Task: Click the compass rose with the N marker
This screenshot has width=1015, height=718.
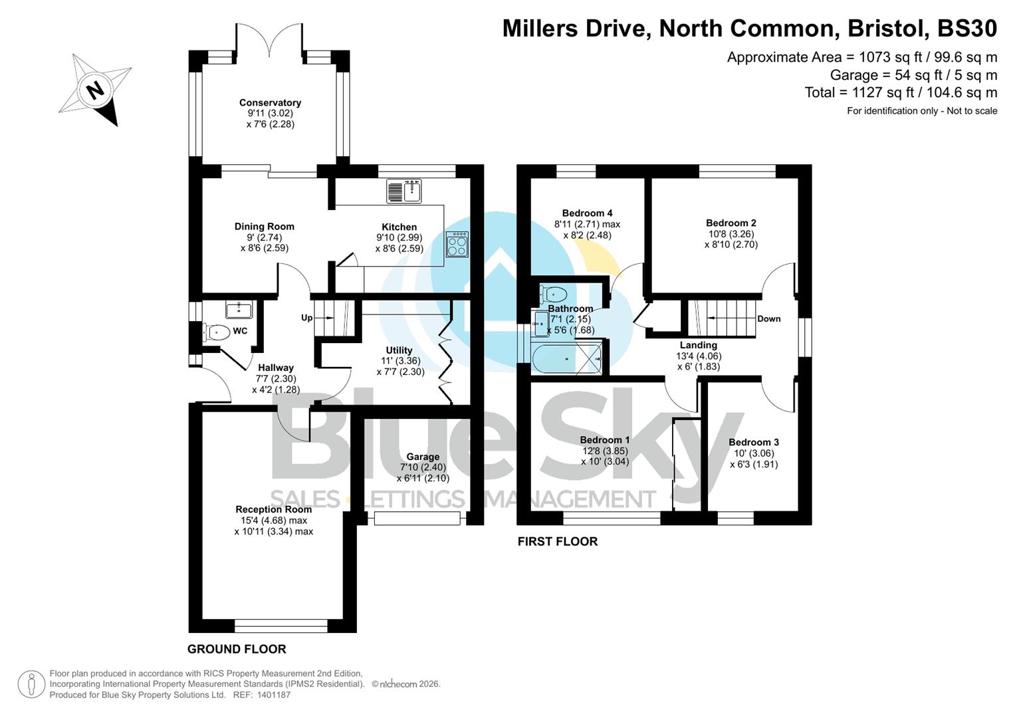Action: click(96, 90)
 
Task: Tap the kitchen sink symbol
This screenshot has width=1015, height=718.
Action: click(404, 191)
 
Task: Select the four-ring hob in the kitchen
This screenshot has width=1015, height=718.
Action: click(457, 244)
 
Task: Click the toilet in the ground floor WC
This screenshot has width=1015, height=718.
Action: click(217, 332)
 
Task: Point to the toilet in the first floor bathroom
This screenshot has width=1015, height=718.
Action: click(553, 293)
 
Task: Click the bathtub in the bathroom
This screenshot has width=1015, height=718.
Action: click(566, 359)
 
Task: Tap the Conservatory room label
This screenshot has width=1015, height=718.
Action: click(270, 102)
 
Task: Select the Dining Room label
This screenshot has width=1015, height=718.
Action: click(264, 226)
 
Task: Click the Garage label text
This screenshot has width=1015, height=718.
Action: click(423, 457)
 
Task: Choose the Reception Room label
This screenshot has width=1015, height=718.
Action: click(273, 509)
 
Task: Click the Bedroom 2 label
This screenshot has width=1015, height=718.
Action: click(731, 223)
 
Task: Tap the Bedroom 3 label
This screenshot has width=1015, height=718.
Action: click(753, 442)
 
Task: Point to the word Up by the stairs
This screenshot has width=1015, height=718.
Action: click(306, 318)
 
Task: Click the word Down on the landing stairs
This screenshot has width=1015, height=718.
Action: click(768, 318)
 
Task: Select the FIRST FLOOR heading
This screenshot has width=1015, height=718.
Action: click(557, 541)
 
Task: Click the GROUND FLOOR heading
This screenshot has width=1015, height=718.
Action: click(237, 649)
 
